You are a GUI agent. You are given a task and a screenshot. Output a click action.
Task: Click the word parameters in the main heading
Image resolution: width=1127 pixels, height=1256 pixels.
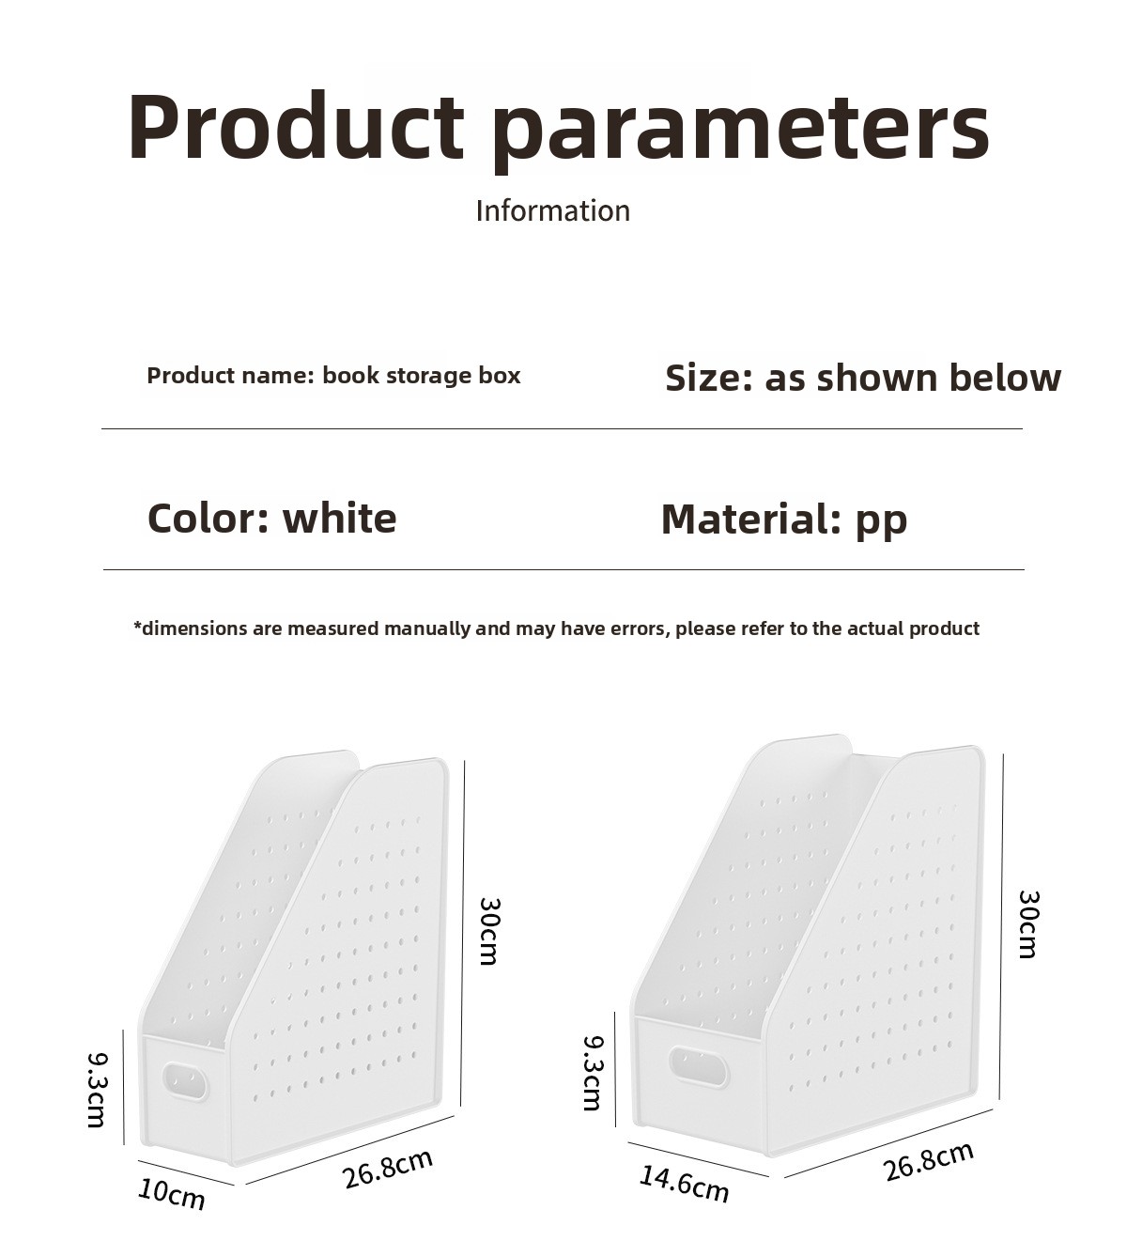tap(742, 132)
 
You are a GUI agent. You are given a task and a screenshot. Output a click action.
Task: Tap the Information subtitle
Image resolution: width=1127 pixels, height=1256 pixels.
tap(553, 210)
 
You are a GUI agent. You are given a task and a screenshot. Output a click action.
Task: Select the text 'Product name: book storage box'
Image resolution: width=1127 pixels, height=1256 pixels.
tap(333, 376)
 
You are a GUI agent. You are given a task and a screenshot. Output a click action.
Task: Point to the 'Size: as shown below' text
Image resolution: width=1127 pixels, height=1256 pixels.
tap(863, 378)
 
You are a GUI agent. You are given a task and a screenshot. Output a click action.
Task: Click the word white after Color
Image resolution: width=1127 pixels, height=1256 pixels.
tap(340, 519)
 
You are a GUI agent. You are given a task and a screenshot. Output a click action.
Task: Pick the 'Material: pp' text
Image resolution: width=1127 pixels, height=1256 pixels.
tap(784, 520)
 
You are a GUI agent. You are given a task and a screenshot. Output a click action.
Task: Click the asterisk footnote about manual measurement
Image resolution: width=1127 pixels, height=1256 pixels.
tap(557, 628)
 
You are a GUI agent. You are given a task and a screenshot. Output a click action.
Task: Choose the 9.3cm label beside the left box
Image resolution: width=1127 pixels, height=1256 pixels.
tap(97, 1089)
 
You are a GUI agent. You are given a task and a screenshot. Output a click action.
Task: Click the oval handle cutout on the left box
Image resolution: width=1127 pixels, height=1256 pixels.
tap(185, 1082)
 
